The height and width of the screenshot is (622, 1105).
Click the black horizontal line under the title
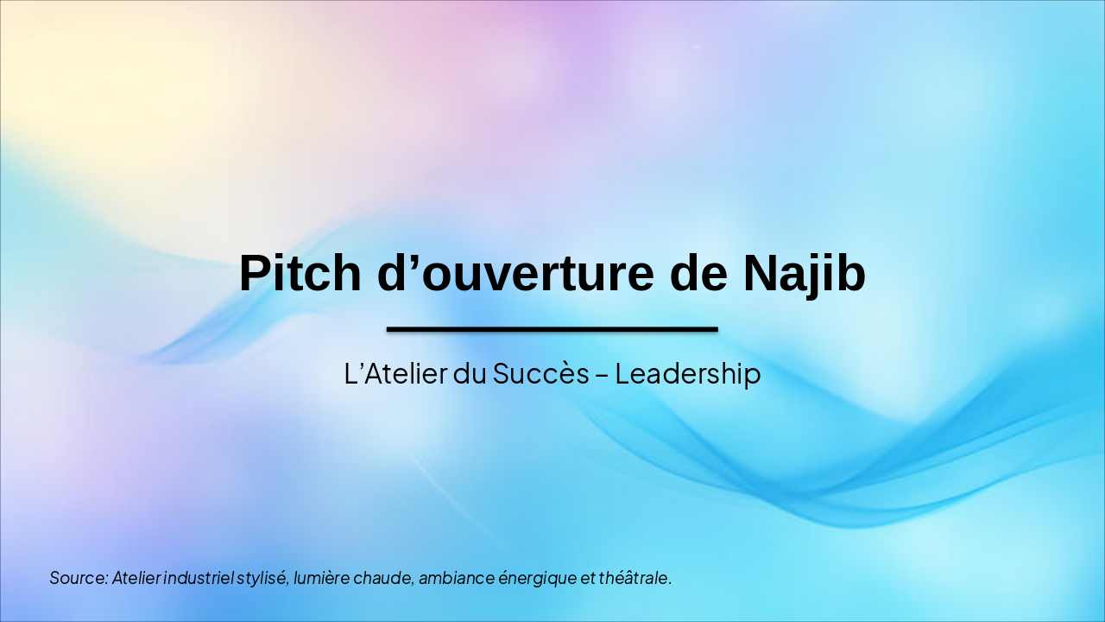(x=552, y=329)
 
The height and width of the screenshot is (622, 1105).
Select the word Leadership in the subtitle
(x=688, y=374)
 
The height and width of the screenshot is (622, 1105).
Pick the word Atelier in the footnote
(x=136, y=578)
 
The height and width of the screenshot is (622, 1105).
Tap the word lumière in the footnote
(x=321, y=578)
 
